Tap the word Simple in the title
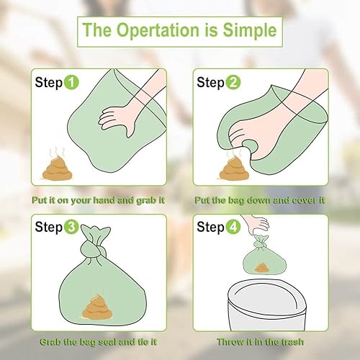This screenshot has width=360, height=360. coord(251,32)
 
